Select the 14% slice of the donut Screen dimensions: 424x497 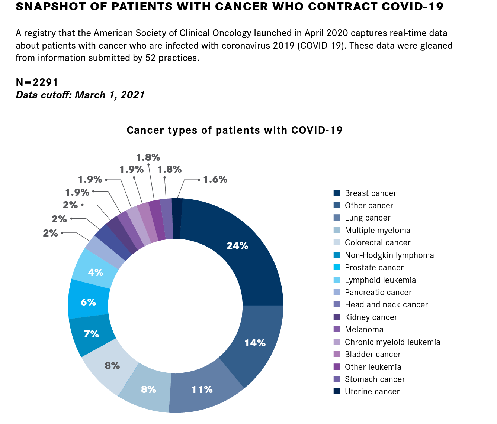[x=255, y=343]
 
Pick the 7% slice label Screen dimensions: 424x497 [x=91, y=334]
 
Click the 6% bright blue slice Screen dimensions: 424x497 [x=89, y=302]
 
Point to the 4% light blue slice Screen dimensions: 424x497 [x=96, y=273]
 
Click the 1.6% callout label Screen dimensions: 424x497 [x=215, y=180]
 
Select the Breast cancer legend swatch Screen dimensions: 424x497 [x=337, y=193]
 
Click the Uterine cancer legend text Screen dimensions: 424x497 [x=372, y=392]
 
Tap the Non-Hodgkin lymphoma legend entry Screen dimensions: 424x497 [x=389, y=255]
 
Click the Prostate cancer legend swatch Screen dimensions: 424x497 [x=337, y=268]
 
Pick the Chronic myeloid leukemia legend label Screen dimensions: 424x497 [x=392, y=342]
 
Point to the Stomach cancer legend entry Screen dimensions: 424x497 [x=375, y=379]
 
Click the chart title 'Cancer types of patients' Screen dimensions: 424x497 [x=234, y=130]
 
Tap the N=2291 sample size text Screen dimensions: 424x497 [x=37, y=82]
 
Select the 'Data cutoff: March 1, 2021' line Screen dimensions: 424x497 [x=80, y=95]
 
